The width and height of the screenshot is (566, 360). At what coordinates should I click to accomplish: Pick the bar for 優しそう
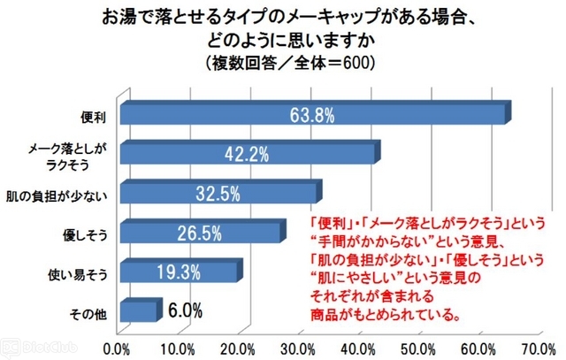(x=202, y=232)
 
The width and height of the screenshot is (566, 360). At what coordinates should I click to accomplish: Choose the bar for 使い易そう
(x=180, y=271)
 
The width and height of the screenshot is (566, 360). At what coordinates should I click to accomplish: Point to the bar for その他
(x=138, y=310)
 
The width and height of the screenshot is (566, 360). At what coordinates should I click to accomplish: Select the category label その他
(x=90, y=311)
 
